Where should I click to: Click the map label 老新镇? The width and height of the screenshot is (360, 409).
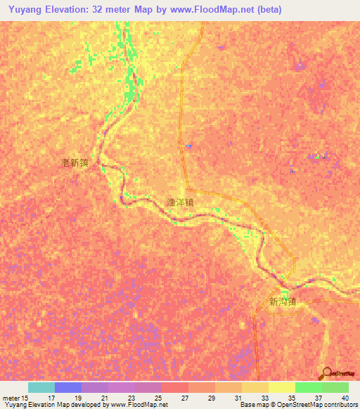click(x=75, y=162)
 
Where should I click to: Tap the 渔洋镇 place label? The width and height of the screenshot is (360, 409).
click(x=180, y=201)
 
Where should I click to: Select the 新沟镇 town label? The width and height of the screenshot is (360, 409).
click(x=283, y=302)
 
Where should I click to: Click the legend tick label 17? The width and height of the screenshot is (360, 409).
click(x=51, y=398)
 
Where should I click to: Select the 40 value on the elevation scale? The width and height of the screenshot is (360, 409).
click(x=345, y=398)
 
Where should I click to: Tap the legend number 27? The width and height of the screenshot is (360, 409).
click(x=184, y=398)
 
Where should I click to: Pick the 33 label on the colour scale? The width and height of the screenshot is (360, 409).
click(x=264, y=398)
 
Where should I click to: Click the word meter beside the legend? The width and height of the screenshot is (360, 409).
click(x=11, y=398)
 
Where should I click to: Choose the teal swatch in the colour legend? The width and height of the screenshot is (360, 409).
click(x=41, y=387)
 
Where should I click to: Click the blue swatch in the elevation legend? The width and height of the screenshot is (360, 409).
click(x=68, y=387)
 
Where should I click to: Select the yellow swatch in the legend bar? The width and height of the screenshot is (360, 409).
click(x=282, y=387)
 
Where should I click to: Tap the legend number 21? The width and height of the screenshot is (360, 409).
click(x=104, y=398)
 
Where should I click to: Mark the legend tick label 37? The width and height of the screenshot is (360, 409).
click(x=318, y=398)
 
